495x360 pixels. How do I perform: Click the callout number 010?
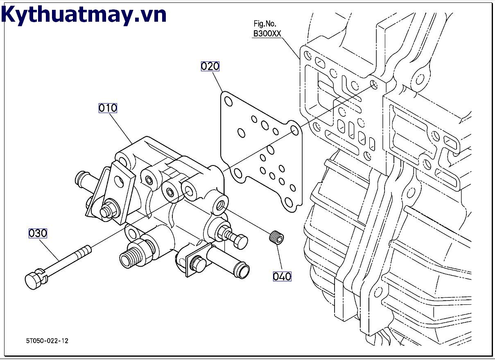coord(108,108)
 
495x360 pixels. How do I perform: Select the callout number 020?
coord(210,66)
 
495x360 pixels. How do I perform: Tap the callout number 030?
coord(38,233)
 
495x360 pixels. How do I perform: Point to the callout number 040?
coord(282,276)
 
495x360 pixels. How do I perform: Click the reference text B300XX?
coord(267,34)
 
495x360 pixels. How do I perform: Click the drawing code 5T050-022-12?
coord(47,340)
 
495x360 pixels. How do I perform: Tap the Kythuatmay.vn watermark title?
coord(84,15)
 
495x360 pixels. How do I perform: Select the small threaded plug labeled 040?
coord(277,237)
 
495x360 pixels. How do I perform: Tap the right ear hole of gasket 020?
coord(294,130)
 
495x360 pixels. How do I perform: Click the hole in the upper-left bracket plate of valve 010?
coord(120,180)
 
